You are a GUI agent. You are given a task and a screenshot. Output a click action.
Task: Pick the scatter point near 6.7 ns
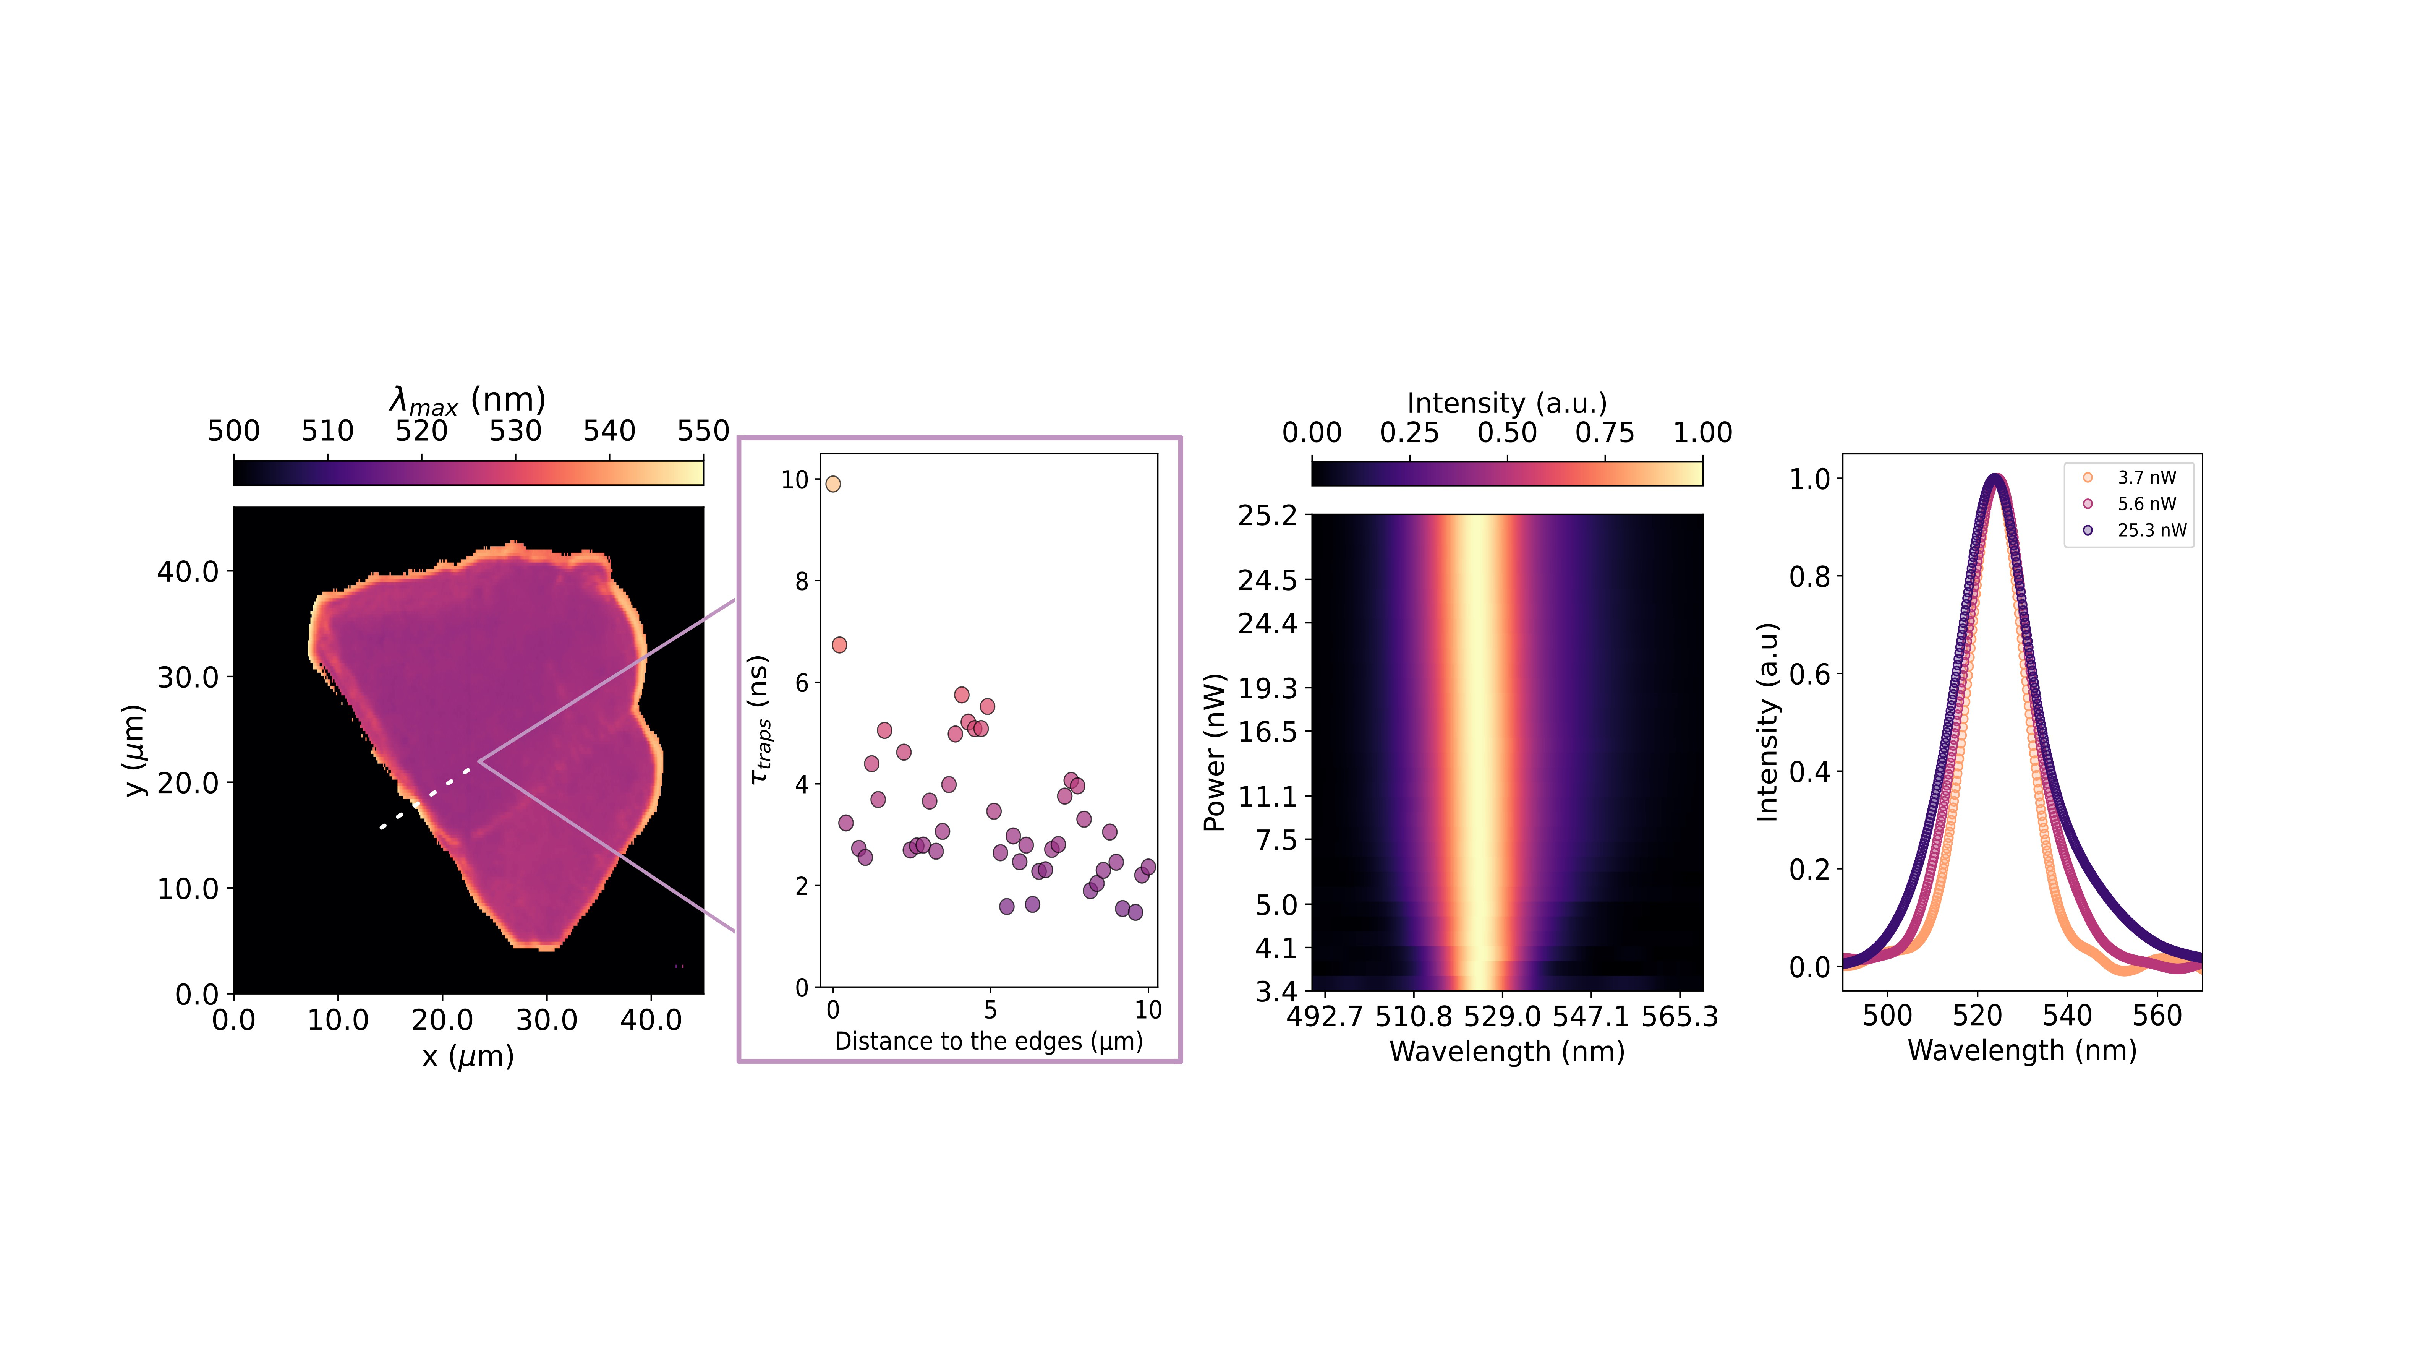click(839, 645)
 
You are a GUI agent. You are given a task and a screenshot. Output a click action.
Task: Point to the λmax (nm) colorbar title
click(468, 400)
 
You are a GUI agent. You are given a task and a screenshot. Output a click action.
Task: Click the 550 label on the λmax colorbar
click(703, 432)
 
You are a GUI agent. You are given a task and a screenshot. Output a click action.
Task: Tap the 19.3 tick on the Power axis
click(1267, 688)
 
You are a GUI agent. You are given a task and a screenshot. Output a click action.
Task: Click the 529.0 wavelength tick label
click(1502, 1017)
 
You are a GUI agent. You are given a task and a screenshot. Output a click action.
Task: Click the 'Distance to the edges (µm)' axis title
click(988, 1041)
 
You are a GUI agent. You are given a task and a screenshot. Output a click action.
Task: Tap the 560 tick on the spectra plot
click(2157, 1016)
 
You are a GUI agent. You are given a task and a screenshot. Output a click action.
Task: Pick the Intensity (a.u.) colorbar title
click(1507, 403)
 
